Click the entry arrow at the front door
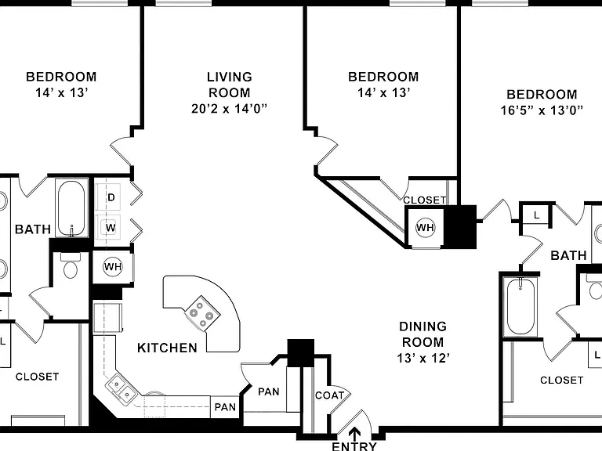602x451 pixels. coord(354,433)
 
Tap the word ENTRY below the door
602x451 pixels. coord(354,446)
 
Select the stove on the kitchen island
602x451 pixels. coord(202,312)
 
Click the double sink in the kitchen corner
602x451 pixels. coord(121,388)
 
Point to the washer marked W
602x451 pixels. coord(111,228)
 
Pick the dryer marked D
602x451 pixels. coord(111,197)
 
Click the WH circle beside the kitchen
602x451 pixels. coord(113,266)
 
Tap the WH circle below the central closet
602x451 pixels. coord(425,228)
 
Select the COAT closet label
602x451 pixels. coord(329,395)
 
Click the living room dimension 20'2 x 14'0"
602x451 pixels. coord(229,109)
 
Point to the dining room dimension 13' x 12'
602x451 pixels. coord(423,358)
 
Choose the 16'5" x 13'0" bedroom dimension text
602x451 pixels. coord(542,110)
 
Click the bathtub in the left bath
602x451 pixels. coord(71,207)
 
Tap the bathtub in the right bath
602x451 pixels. coord(520,307)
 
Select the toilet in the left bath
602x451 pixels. coord(71,265)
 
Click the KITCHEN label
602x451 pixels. coord(168,348)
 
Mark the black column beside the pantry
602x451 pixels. coord(301,353)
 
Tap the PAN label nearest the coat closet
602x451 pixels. coord(268,391)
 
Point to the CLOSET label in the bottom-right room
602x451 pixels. coord(562,380)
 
